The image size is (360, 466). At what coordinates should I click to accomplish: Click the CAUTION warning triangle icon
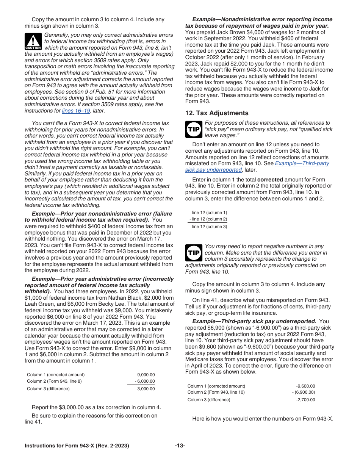click(33, 41)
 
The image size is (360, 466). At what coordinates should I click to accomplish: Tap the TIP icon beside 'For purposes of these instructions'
click(194, 129)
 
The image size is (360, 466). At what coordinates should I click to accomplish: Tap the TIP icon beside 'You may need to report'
click(194, 253)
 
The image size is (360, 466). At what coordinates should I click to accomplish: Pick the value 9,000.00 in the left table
click(146, 375)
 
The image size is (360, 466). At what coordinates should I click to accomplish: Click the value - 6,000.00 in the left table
click(145, 381)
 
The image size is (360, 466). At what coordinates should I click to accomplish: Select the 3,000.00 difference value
click(146, 389)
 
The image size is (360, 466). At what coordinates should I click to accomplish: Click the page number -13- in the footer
click(180, 446)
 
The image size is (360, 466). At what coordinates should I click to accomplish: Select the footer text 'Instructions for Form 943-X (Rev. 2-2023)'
click(77, 446)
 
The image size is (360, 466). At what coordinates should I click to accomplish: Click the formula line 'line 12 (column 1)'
click(209, 213)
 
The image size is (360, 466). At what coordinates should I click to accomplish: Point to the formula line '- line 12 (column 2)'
click(208, 219)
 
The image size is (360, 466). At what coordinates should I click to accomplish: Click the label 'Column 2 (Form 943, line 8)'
click(54, 381)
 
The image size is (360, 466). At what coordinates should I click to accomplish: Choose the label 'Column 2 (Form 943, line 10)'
click(216, 392)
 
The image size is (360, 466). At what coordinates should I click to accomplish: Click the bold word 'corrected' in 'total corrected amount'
click(270, 179)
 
